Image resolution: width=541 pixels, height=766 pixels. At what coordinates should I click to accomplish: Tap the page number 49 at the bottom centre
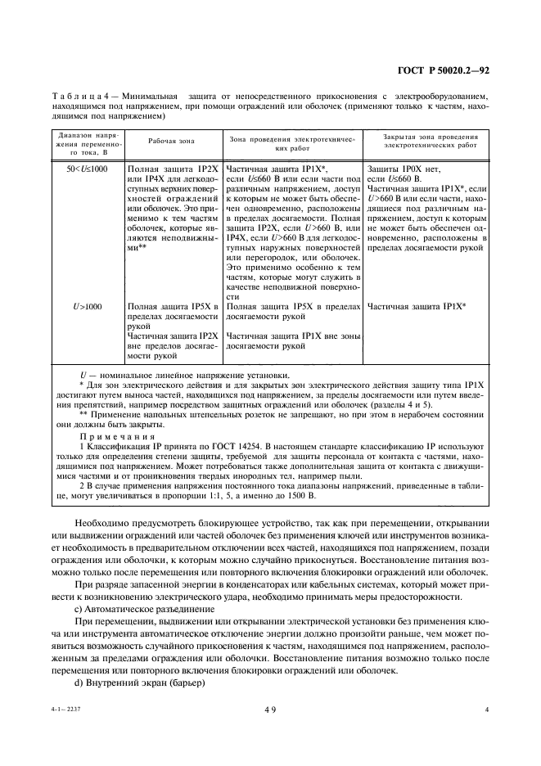pyautogui.click(x=270, y=710)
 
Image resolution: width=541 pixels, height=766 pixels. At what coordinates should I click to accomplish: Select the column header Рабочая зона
pyautogui.click(x=169, y=140)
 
